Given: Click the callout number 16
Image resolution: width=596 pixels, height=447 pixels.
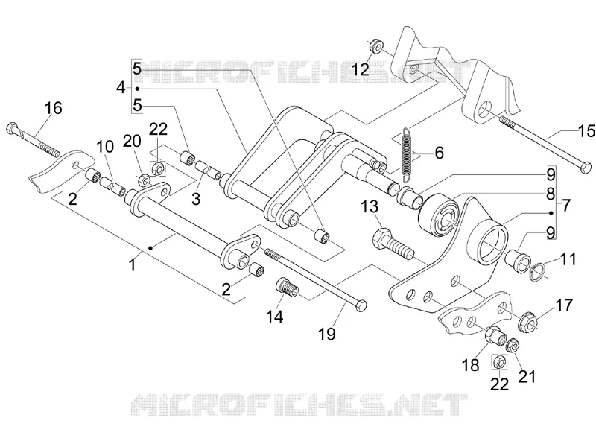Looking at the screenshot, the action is coord(53,108).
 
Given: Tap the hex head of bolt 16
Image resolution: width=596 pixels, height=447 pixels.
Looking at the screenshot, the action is coord(12,127).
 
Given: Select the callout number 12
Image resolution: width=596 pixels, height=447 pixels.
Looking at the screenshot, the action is coord(360,69).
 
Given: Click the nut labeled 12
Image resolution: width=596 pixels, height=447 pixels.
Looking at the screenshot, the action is coord(375,46).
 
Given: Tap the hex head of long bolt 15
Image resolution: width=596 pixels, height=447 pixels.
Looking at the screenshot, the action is coord(586,167).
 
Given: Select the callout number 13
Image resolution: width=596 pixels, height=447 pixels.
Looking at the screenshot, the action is coord(370,207).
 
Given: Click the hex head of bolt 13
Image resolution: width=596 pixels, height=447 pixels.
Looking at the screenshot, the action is coord(381,238).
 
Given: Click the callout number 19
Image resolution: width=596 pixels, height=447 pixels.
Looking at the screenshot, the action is coord(327,334).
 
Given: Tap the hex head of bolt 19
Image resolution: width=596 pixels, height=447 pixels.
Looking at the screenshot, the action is coord(362,305).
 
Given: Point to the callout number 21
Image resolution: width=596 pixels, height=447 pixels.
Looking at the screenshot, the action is coord(527,377).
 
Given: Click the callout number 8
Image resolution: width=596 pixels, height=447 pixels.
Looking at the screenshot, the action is coord(551,194).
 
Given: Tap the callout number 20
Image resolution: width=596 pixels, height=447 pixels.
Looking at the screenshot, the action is coord(133,141).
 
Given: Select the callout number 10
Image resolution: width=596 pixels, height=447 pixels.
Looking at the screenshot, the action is coord(105,146).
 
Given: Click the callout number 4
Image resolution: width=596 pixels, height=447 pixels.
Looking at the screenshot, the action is coord(121,88).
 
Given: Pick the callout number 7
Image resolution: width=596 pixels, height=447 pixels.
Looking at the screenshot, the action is coord(566,206).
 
